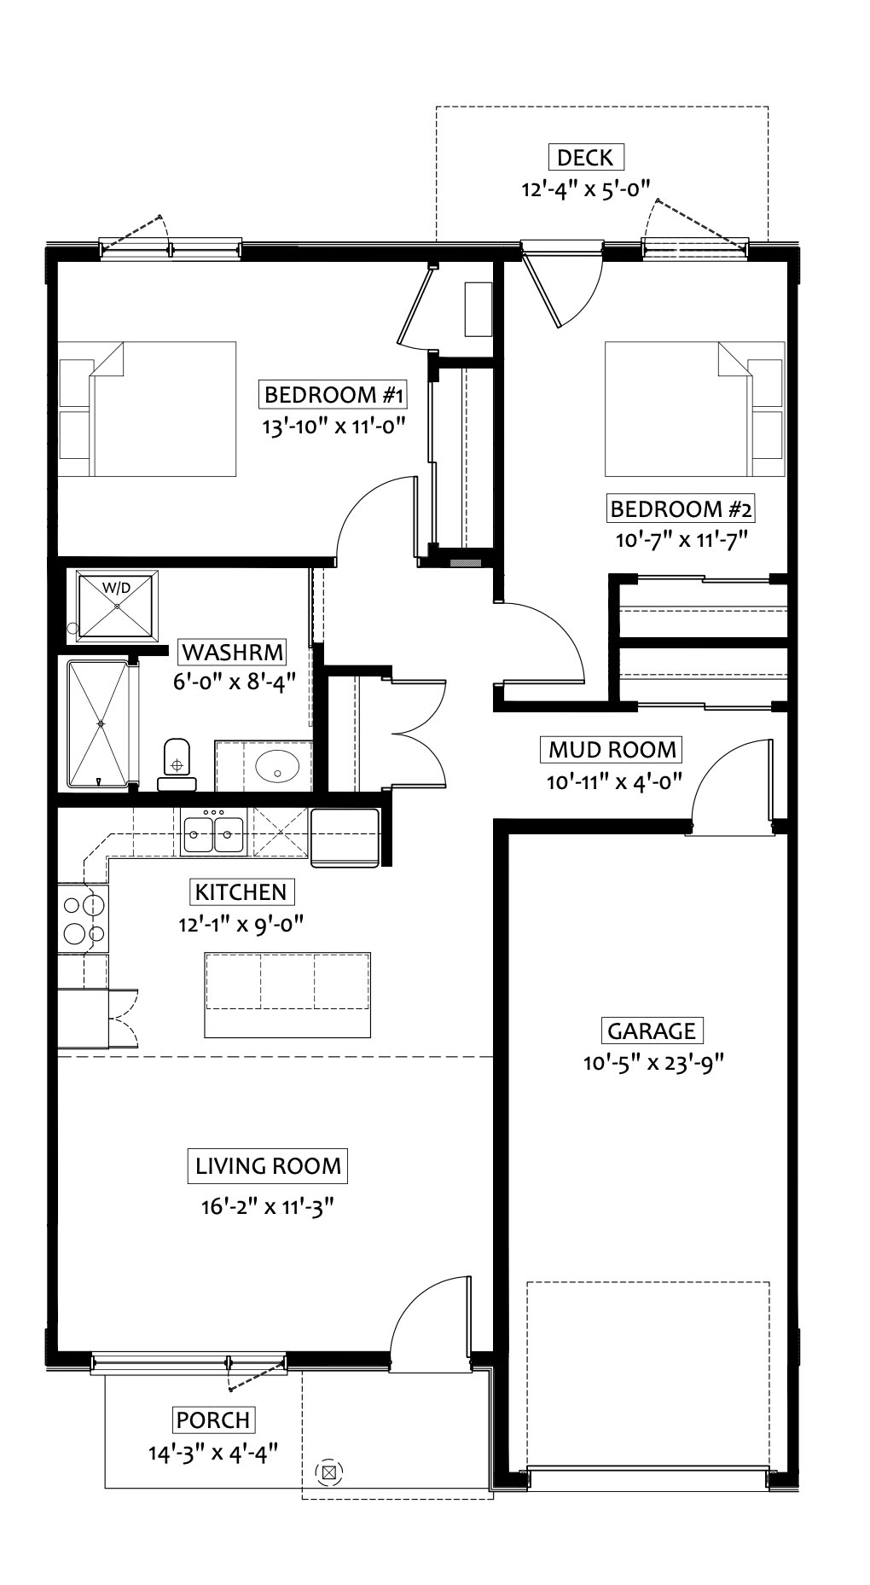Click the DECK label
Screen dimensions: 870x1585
pos(585,157)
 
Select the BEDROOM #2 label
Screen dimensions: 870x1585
pos(681,509)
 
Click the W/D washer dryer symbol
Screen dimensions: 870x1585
pos(117,605)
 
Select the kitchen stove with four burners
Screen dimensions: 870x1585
pos(83,919)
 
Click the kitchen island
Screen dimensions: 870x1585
pos(287,994)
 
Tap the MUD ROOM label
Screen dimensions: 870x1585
pos(612,750)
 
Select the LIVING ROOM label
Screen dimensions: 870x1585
pos(268,1166)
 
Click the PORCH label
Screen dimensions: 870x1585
pos(213,1420)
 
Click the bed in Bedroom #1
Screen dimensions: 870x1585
pos(147,409)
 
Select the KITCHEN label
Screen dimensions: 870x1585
pos(241,892)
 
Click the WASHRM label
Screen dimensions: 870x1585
pos(233,653)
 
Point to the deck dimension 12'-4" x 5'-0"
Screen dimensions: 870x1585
pos(586,189)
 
